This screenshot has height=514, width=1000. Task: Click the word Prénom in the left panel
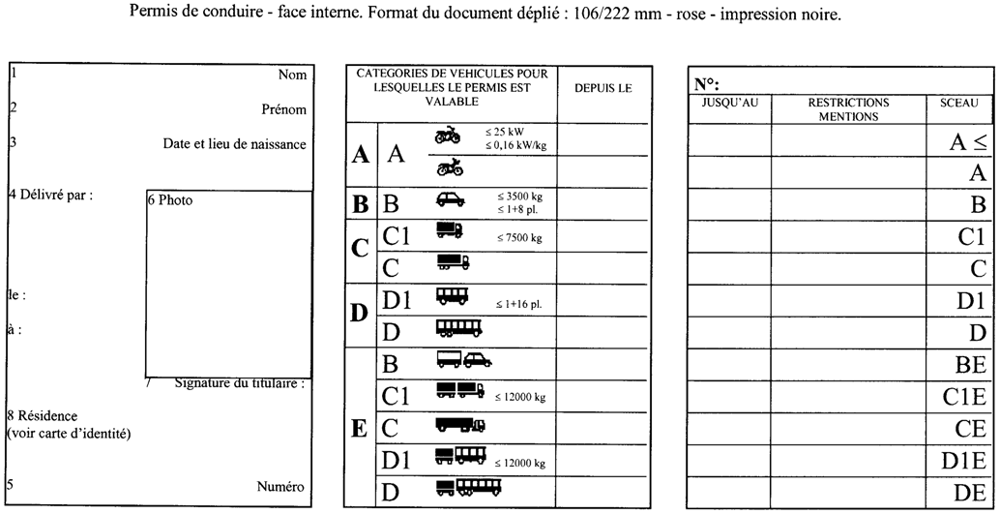pos(283,110)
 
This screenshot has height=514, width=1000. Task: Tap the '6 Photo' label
pos(170,201)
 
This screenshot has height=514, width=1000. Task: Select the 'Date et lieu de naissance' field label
pos(234,145)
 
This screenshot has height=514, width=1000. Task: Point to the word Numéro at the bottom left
pos(281,487)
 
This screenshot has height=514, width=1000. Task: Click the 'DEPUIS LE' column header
pos(603,88)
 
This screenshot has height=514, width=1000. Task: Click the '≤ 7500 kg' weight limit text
pos(519,237)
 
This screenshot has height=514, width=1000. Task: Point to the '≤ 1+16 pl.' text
pos(519,304)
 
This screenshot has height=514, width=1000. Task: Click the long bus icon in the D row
pos(458,329)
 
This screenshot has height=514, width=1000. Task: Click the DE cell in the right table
pos(969,492)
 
